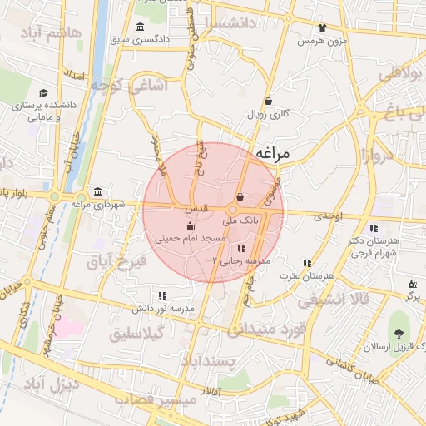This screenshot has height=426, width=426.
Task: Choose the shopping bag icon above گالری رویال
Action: click(x=268, y=102)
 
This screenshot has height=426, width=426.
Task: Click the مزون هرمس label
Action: click(x=321, y=40)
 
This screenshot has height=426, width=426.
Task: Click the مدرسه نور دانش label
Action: click(x=162, y=308)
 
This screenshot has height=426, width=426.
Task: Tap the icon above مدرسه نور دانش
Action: click(x=162, y=295)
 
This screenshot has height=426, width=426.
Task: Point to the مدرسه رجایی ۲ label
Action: click(x=242, y=260)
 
